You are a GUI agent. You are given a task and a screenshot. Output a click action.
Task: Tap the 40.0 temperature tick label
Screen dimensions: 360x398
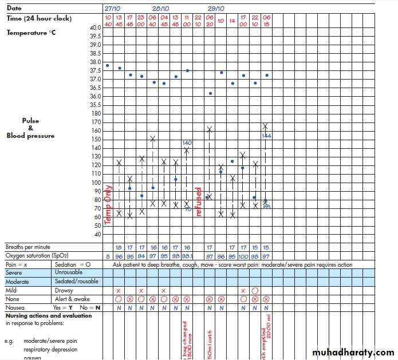95,27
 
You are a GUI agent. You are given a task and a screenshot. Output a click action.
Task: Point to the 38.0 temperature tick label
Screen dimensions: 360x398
95,62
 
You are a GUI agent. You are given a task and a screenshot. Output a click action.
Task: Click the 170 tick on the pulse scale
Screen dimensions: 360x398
96,122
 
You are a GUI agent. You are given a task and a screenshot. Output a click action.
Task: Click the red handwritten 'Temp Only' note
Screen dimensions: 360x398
108,204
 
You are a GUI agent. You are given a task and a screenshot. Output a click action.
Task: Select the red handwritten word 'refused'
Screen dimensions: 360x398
199,201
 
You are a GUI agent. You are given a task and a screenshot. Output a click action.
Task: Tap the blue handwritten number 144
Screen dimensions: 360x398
266,136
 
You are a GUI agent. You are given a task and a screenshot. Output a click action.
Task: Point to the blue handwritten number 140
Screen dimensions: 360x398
187,143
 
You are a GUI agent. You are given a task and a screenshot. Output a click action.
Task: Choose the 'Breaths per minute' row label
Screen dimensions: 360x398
29,247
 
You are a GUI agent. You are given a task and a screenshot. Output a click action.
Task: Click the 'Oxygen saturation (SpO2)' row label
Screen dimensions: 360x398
41,255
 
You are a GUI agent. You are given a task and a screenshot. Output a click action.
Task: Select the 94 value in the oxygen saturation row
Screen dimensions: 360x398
141,256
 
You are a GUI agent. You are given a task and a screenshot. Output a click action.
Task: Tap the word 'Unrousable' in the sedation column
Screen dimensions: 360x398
68,272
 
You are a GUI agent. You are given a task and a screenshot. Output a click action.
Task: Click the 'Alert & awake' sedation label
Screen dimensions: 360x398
71,299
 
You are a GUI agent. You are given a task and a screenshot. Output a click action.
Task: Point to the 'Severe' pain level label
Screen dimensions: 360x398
14,272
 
